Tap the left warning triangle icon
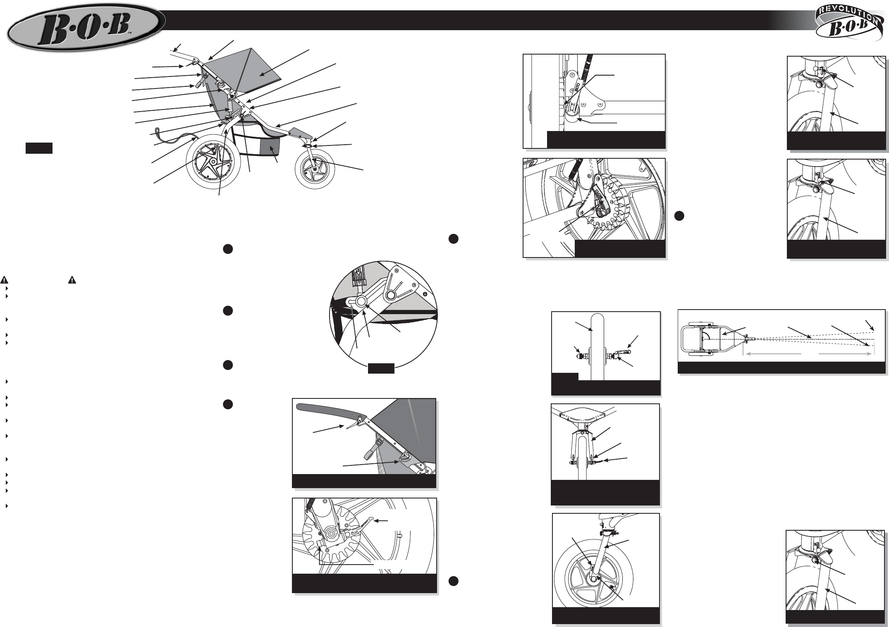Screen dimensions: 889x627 (x=4, y=280)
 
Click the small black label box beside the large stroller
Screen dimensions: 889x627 (x=39, y=148)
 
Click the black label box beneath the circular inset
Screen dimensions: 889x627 (x=381, y=368)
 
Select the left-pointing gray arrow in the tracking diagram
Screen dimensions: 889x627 (x=772, y=354)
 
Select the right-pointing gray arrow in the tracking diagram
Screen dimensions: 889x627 (x=846, y=354)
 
